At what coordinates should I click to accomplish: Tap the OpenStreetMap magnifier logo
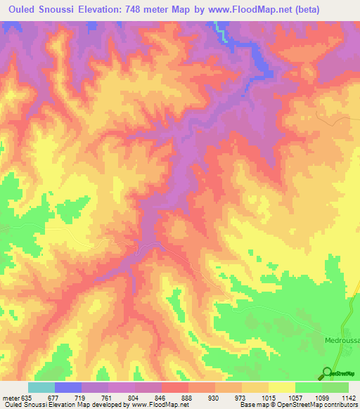coord(327,372)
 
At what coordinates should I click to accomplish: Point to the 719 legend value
coord(82,398)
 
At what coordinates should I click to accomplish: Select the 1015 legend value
coord(268,398)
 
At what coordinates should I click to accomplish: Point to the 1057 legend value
coord(295,398)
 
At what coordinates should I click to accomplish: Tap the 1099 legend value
coord(321,398)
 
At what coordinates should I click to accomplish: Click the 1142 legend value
coord(347,398)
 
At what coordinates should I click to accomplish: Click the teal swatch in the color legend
coord(41,387)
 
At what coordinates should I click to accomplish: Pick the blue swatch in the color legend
coord(68,387)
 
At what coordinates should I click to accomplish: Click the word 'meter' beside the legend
coord(10,398)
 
